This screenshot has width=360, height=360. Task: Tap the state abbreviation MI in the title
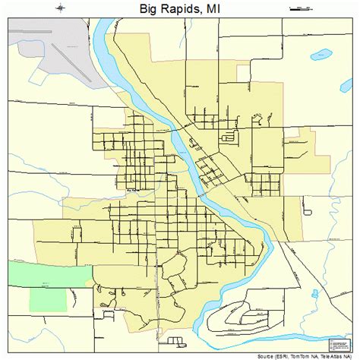point(213,9)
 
